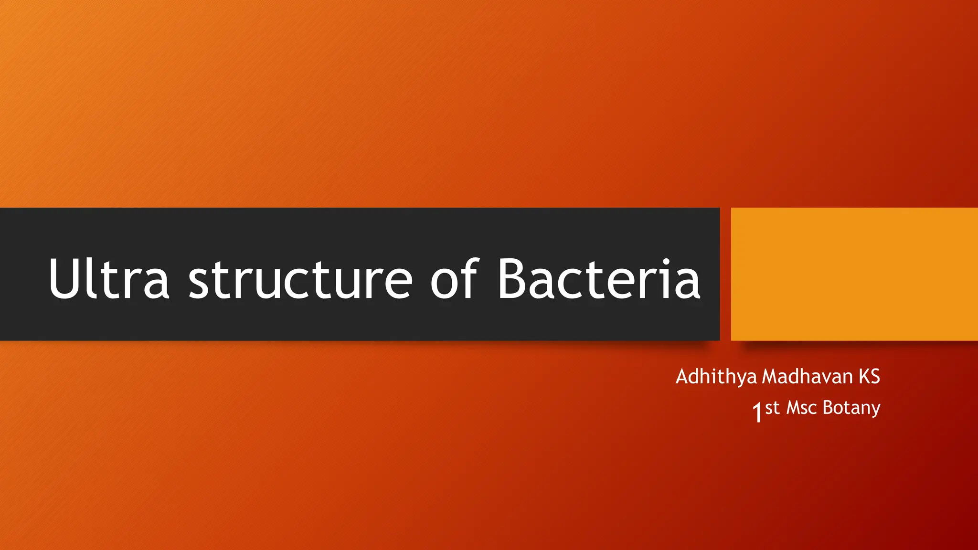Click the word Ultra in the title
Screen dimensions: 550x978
tap(109, 279)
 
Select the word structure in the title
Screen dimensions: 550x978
tap(300, 280)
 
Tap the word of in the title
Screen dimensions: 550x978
tap(454, 279)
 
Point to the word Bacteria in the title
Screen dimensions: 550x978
tap(599, 279)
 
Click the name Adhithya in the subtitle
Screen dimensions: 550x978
tap(716, 377)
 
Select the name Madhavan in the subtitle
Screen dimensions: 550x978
tap(808, 377)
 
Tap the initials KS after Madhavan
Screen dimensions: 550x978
tap(869, 377)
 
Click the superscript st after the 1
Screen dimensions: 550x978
tap(772, 408)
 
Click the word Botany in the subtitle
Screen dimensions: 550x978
tap(851, 409)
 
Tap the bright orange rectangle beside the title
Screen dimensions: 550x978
tap(854, 274)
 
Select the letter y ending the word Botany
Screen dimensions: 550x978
tap(875, 411)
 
